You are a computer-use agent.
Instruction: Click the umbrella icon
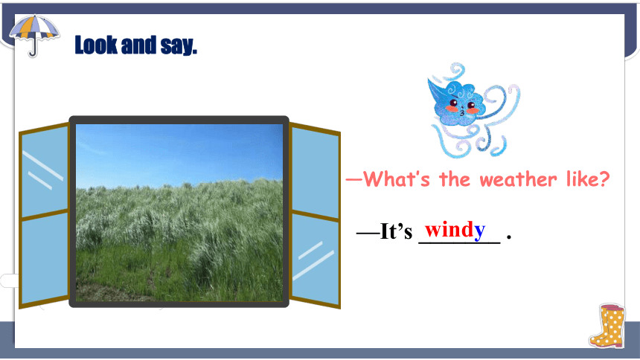coord(34,35)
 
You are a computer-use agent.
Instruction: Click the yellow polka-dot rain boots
coord(607,326)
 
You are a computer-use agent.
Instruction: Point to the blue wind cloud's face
coord(461,106)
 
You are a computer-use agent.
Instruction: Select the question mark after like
coord(603,179)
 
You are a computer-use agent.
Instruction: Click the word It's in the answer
coord(396,231)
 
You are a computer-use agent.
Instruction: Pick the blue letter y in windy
coord(479,231)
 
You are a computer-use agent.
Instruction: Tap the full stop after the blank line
coord(508,237)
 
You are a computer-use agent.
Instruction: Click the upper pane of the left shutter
coord(45,171)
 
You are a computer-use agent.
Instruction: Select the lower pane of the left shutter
coord(45,258)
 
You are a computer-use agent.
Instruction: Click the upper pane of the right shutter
coord(315,173)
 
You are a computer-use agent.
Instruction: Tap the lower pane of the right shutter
coord(315,259)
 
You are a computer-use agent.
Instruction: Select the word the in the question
coord(455,179)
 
